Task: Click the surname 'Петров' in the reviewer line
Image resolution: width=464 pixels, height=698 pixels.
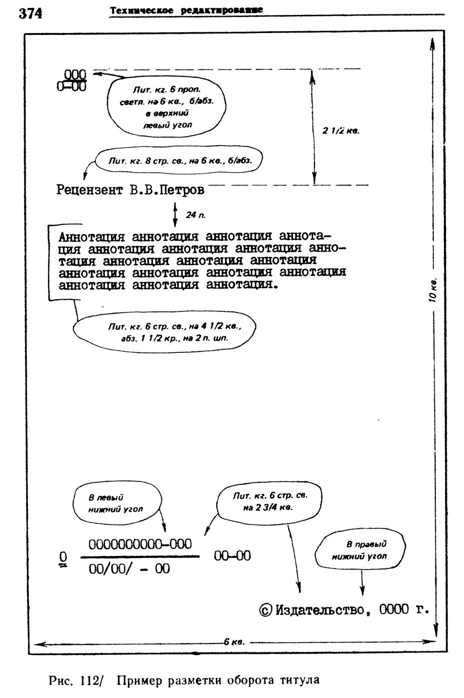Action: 181,190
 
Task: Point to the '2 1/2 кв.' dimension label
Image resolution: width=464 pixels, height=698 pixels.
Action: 341,131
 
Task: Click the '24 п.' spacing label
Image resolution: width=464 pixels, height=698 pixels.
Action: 195,215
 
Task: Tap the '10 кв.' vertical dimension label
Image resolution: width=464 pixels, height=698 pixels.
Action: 432,291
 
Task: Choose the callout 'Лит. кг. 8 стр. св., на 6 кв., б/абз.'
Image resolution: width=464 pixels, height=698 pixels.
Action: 180,161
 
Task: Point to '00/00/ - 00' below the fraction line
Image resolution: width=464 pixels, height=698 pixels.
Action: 129,569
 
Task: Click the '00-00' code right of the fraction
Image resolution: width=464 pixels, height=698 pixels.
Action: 232,556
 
